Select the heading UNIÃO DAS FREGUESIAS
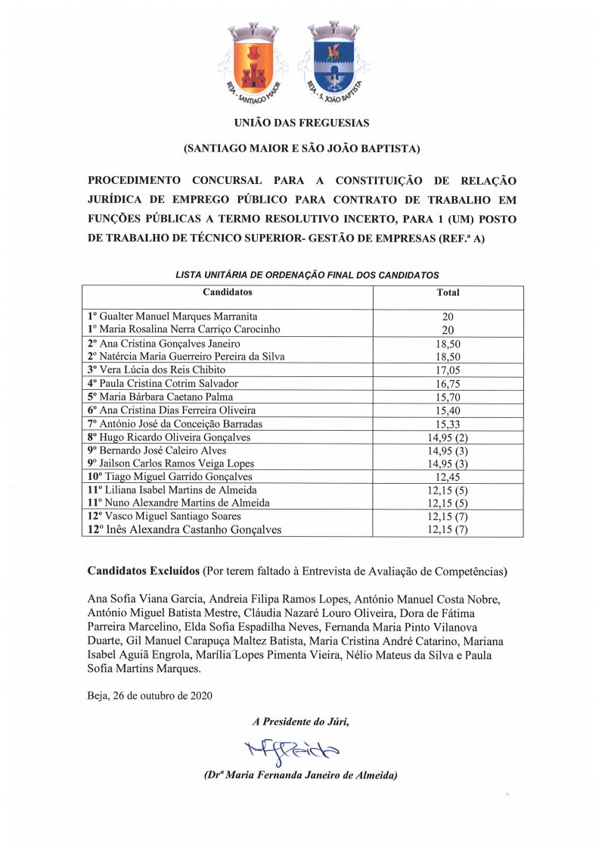coord(302,122)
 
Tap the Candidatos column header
coord(227,292)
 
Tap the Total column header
coord(448,292)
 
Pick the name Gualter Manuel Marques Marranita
coord(178,316)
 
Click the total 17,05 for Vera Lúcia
coord(448,370)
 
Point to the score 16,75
coord(448,384)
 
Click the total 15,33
coord(448,424)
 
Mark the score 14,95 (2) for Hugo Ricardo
coord(448,438)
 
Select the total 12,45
coord(448,477)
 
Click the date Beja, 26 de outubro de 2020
coord(150,695)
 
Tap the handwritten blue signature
coord(293,748)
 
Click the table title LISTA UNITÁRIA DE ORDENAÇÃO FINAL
coord(307,276)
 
